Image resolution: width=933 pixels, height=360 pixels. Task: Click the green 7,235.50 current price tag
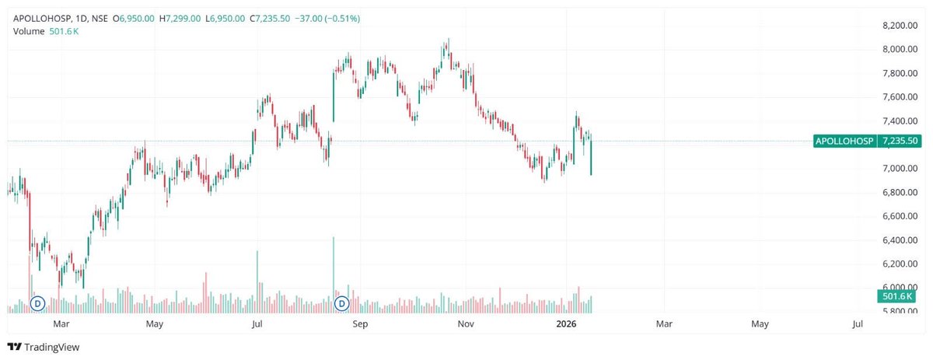(x=898, y=141)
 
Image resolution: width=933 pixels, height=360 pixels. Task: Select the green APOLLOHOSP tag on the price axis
(x=844, y=141)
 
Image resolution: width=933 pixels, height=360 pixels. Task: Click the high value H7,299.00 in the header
(x=180, y=17)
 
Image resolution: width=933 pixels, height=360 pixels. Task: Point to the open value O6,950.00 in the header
(x=134, y=17)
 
